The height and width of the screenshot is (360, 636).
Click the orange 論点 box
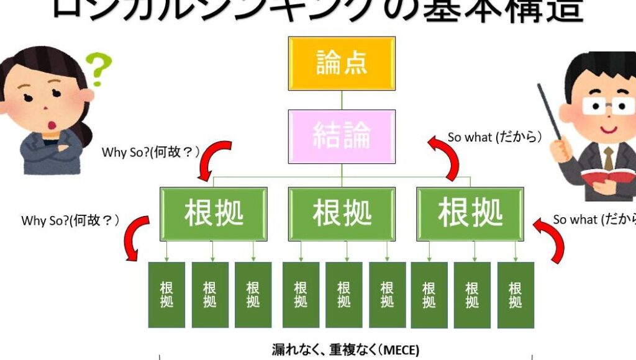click(x=341, y=63)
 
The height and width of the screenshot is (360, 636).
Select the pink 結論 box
click(x=341, y=136)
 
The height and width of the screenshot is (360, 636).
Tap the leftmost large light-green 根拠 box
click(x=213, y=214)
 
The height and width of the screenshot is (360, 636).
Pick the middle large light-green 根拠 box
click(x=342, y=214)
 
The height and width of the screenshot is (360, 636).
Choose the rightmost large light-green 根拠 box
click(x=470, y=214)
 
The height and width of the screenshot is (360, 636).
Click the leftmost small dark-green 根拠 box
click(x=166, y=295)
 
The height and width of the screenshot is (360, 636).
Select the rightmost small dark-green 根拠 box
click(x=516, y=295)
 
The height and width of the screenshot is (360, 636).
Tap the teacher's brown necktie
click(x=609, y=158)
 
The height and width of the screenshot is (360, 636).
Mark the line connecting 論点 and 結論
click(x=341, y=100)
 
